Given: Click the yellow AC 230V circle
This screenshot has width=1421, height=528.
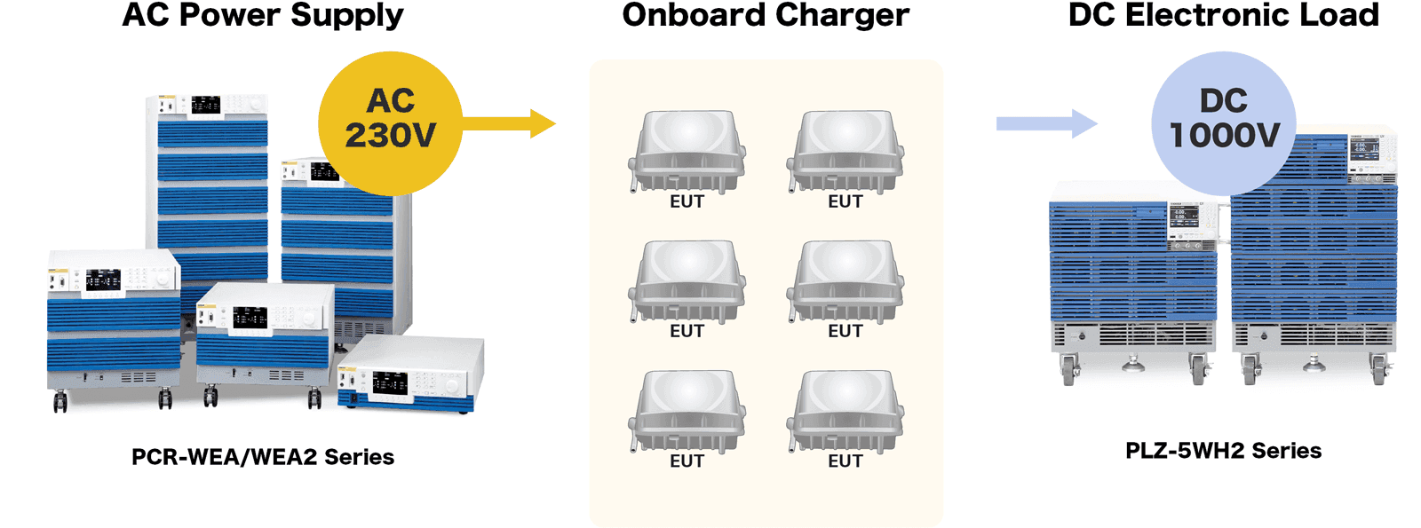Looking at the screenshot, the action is point(390,123).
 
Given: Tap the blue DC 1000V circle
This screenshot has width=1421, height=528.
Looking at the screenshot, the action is point(1224,123).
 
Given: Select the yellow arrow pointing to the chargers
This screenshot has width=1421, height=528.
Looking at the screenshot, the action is point(510,123).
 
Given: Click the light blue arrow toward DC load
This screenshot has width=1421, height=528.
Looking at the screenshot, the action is point(1047,123).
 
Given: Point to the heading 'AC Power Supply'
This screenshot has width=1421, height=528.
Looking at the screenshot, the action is point(263,15).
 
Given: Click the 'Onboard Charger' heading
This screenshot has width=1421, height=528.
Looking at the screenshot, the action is point(766,15).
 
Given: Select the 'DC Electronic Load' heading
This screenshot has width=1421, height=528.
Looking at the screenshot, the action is point(1224,14).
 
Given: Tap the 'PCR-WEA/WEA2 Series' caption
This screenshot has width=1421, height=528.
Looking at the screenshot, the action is point(263,457).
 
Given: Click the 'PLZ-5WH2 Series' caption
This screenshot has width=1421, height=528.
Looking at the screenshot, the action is point(1224,451).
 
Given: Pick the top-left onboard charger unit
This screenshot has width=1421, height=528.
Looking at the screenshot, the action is point(687,152).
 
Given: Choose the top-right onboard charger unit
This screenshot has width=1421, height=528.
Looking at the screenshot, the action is point(845,152).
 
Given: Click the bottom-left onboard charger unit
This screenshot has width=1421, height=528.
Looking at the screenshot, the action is point(687,412).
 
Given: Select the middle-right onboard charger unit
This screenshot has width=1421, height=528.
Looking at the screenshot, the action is point(845,281).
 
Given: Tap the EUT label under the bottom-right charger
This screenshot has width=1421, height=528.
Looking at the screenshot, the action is point(845,461).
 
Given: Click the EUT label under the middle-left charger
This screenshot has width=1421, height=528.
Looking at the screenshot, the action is point(687,332).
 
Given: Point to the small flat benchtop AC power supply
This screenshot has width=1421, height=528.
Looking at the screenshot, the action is point(411,374).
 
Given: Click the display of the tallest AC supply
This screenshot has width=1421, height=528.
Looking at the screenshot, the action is point(206,105).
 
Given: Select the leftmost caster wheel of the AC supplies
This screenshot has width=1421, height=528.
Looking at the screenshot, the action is point(60,401).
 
